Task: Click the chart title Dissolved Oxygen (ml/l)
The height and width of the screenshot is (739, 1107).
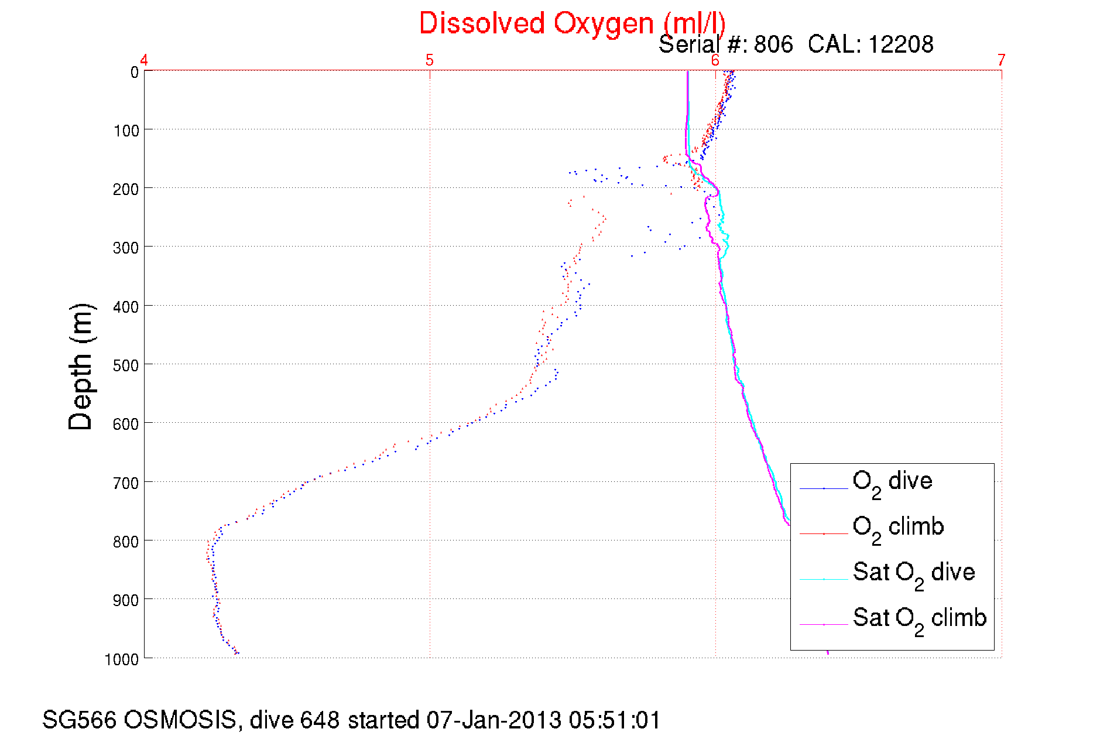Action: pos(572,23)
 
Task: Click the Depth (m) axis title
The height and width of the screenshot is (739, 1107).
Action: pos(81,367)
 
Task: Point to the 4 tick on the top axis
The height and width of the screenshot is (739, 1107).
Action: pos(144,60)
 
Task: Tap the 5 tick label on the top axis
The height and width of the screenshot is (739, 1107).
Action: pos(430,60)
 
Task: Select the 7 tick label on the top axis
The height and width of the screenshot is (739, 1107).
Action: pos(1001,60)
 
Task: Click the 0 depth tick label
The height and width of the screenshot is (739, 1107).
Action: pos(134,73)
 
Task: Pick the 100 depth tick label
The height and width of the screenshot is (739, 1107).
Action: pos(126,131)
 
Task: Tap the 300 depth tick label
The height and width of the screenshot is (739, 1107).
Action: pos(126,248)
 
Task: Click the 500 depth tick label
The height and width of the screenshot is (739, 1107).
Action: pos(126,365)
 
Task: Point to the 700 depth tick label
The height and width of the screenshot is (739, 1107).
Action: pos(126,483)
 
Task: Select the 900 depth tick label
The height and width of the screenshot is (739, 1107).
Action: pos(126,600)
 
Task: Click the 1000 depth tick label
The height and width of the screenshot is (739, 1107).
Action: pos(122,659)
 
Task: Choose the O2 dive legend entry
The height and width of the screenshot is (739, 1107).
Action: pos(892,483)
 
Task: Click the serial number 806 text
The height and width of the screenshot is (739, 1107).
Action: pos(773,45)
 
